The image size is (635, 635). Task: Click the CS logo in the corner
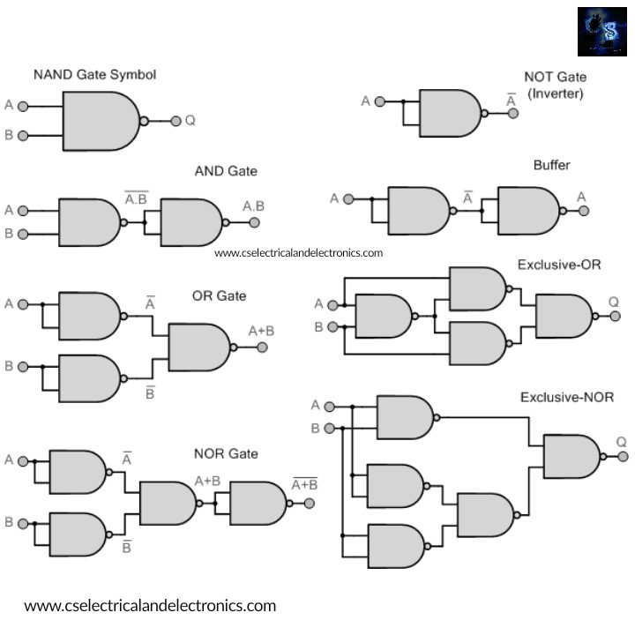pyautogui.click(x=602, y=33)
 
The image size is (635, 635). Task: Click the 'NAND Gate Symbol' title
pyautogui.click(x=94, y=75)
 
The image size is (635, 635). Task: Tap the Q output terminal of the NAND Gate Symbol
pyautogui.click(x=176, y=121)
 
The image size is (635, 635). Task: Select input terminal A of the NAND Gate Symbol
pyautogui.click(x=23, y=106)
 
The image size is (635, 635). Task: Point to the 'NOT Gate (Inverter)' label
pyautogui.click(x=555, y=86)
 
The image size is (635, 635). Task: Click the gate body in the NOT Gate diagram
pyautogui.click(x=449, y=113)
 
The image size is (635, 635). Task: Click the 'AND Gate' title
pyautogui.click(x=226, y=171)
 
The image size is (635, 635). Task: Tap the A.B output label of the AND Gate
pyautogui.click(x=253, y=206)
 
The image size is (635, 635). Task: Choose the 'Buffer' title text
pyautogui.click(x=551, y=166)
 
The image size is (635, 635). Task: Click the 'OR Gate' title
pyautogui.click(x=219, y=296)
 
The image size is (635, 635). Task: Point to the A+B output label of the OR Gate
pyautogui.click(x=261, y=331)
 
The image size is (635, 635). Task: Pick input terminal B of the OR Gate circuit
pyautogui.click(x=23, y=366)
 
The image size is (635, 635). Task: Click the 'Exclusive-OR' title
pyautogui.click(x=559, y=265)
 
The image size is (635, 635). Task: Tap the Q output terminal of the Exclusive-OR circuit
pyautogui.click(x=615, y=316)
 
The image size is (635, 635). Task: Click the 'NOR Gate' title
pyautogui.click(x=226, y=453)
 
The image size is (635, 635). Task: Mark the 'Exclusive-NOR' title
pyautogui.click(x=566, y=398)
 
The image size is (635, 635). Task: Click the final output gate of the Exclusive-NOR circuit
pyautogui.click(x=571, y=456)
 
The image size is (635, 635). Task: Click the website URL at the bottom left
pyautogui.click(x=150, y=606)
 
